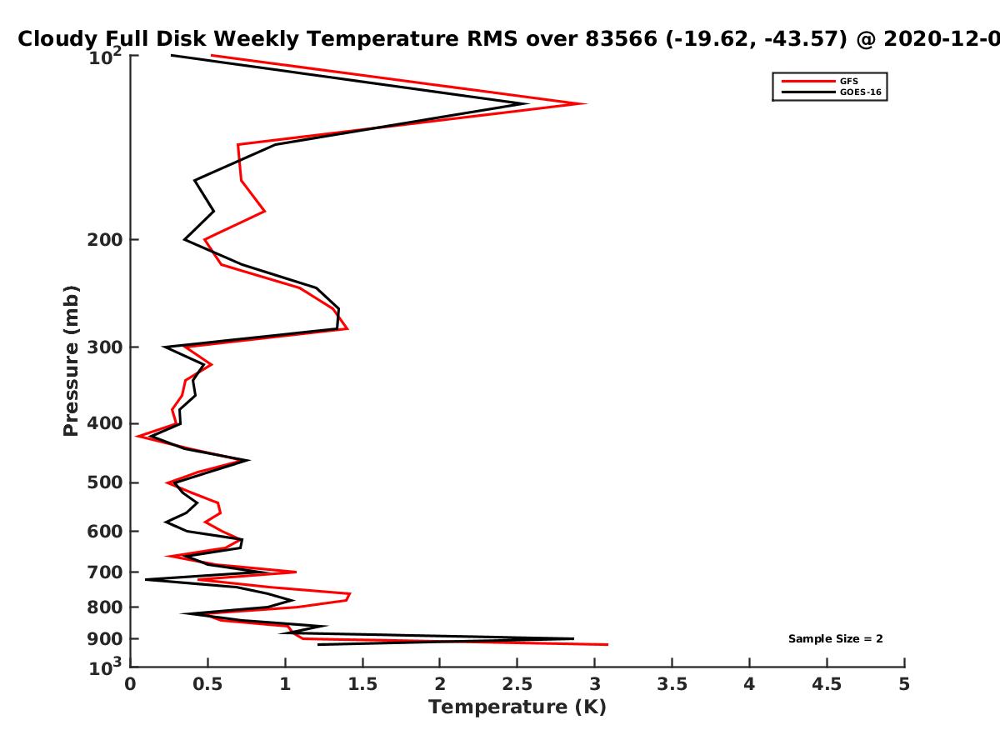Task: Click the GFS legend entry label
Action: click(848, 82)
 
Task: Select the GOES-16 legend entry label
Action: click(861, 92)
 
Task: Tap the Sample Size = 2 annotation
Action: click(836, 639)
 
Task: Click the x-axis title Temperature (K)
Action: click(517, 707)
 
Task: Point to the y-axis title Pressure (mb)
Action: click(71, 361)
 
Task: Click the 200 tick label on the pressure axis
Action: click(105, 239)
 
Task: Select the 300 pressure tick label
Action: click(105, 347)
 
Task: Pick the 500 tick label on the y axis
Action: click(105, 482)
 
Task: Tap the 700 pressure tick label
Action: click(105, 572)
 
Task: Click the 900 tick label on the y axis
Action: click(105, 639)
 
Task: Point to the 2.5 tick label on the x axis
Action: click(517, 684)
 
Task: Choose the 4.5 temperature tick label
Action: click(827, 684)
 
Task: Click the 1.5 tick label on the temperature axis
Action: click(362, 684)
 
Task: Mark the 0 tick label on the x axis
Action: click(130, 684)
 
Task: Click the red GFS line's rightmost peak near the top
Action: click(587, 104)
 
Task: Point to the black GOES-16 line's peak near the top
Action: click(528, 103)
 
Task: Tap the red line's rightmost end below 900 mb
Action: click(608, 644)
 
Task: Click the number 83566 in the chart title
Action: click(622, 39)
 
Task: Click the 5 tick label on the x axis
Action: click(904, 684)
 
